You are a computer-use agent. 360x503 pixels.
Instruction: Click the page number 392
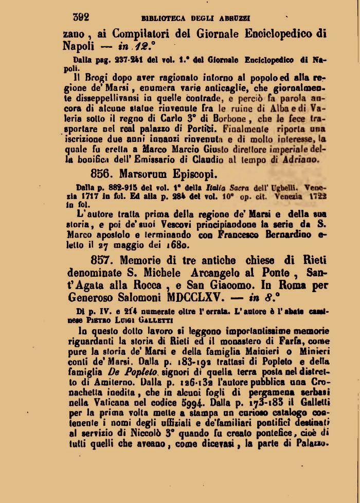point(81,16)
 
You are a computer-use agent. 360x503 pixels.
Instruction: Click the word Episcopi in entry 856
point(194,173)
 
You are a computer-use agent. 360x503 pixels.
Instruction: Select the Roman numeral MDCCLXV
point(196,297)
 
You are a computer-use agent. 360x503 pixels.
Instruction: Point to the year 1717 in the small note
point(92,195)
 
